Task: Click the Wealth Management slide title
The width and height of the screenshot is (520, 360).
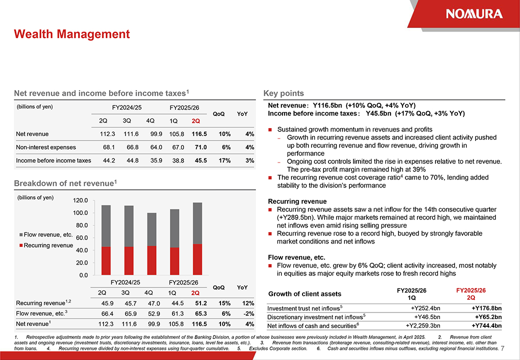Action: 72,34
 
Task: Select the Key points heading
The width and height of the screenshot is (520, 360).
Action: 283,93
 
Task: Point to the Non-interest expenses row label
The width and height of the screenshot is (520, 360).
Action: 46,147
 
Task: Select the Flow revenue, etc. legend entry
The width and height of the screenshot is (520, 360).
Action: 45,234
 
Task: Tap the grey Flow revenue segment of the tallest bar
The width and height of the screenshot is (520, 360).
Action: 197,223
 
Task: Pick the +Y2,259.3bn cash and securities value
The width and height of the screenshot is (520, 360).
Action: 419,326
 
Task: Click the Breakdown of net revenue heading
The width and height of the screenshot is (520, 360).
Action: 65,183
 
